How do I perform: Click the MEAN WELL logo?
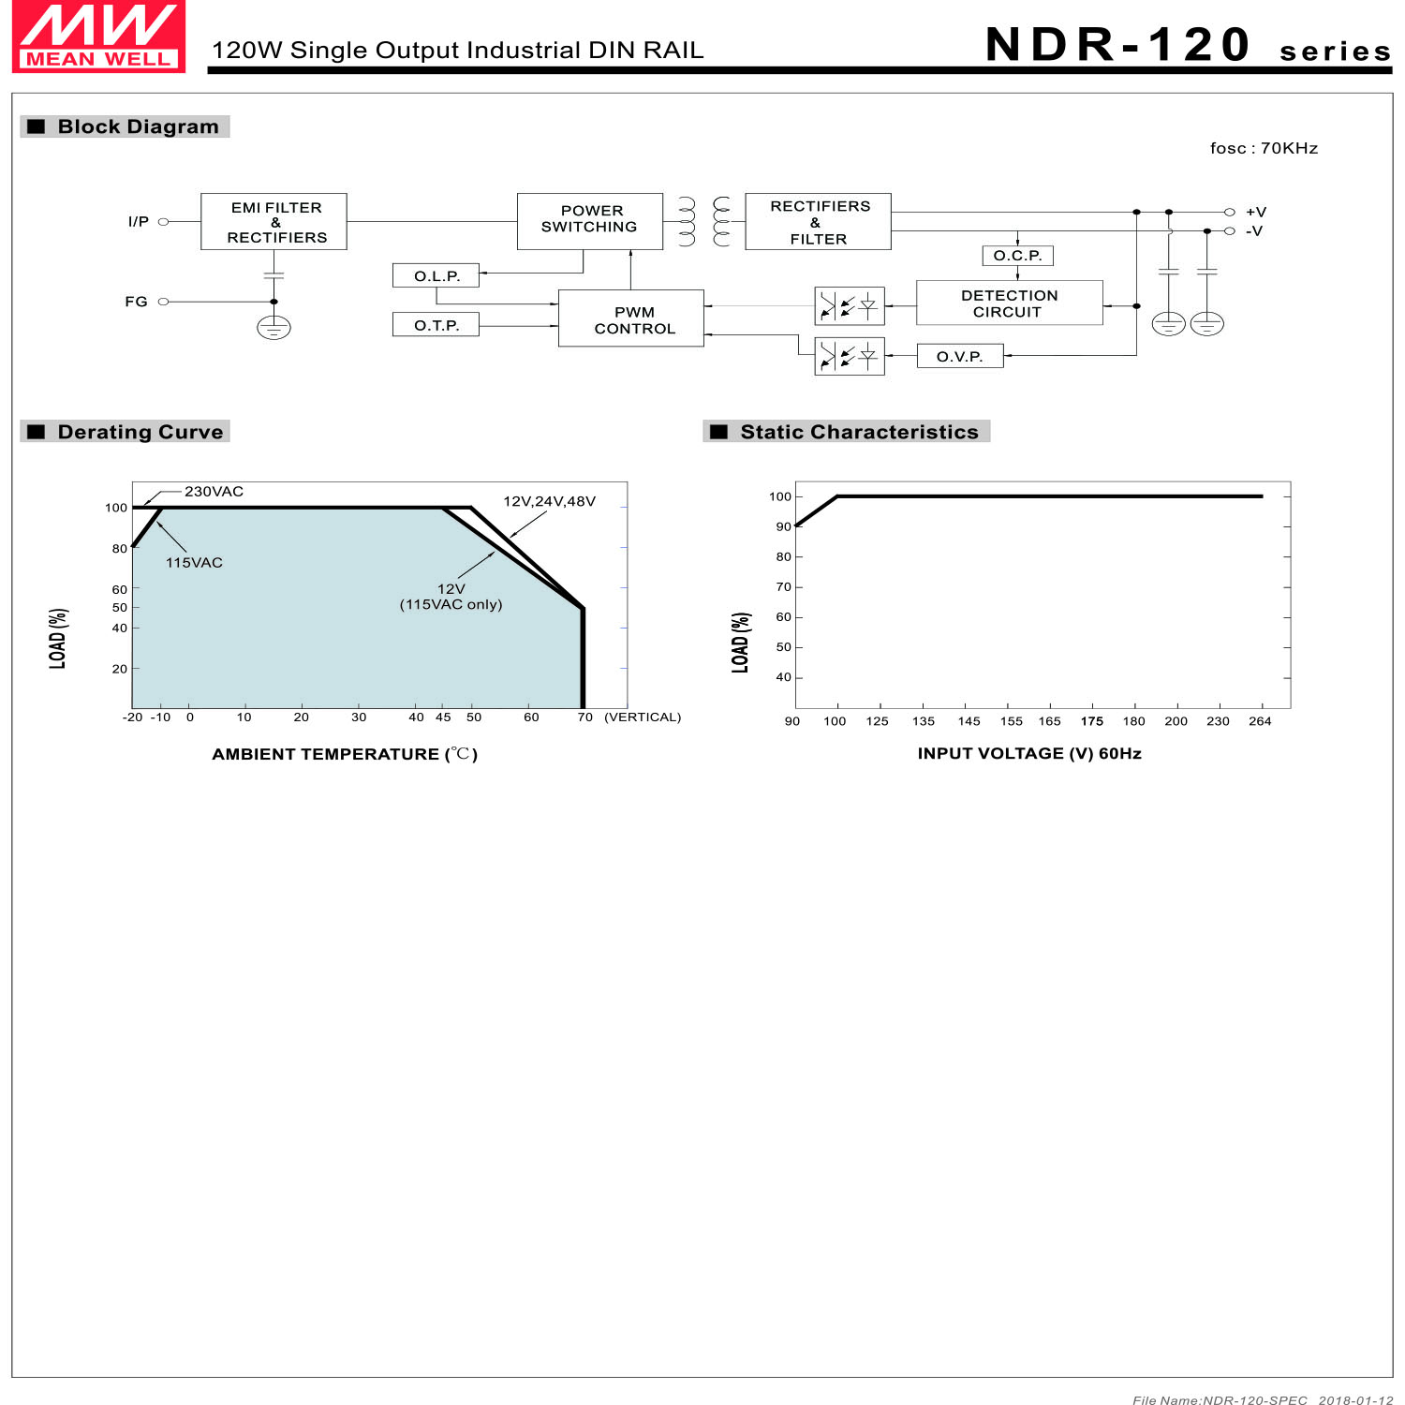point(98,37)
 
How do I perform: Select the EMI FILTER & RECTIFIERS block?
point(274,222)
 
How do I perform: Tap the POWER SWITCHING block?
point(589,221)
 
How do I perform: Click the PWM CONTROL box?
point(631,318)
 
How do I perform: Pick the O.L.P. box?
point(436,276)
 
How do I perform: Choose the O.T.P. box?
point(436,325)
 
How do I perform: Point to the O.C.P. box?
point(1017,256)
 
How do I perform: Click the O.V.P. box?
point(959,357)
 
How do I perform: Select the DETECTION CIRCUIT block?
point(1009,303)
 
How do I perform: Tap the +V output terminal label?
point(1255,213)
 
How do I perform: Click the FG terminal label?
point(137,302)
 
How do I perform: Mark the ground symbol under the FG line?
point(274,328)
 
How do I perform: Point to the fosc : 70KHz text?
point(1264,148)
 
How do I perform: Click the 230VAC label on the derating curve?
point(214,492)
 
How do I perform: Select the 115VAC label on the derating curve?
point(194,563)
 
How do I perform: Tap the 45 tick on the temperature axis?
point(443,717)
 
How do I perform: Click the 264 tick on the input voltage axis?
point(1260,721)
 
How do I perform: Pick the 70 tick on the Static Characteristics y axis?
point(783,587)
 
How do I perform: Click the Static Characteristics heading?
point(858,432)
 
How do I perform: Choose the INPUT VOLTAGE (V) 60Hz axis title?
point(1028,754)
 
